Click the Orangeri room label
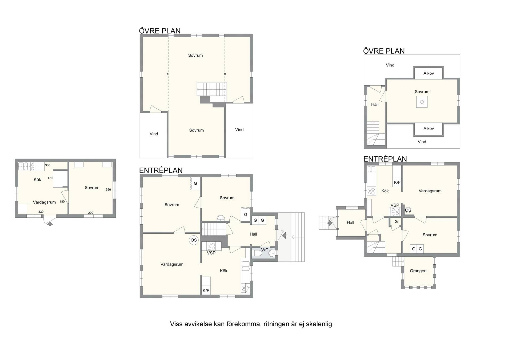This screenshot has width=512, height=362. tap(418, 271)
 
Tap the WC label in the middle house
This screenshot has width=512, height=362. tap(265, 250)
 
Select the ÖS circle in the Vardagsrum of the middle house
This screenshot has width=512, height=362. tap(194, 240)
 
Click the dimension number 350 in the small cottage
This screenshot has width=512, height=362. tap(108, 190)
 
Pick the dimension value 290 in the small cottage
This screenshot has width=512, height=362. tap(91, 213)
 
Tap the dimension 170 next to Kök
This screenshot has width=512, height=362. tap(50, 178)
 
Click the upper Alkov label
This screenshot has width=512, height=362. tap(429, 73)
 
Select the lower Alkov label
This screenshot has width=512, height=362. tap(429, 129)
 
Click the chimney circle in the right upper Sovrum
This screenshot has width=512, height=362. tap(422, 102)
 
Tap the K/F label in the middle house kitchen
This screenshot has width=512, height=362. tap(206, 291)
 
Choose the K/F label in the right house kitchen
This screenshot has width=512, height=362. tap(397, 183)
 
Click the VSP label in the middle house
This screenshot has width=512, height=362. tap(211, 253)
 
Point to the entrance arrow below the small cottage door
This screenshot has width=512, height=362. tap(50, 224)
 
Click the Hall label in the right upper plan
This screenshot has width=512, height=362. tap(375, 105)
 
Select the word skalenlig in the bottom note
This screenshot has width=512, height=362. tap(320, 324)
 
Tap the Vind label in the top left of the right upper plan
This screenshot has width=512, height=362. tap(390, 65)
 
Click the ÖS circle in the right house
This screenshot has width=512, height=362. tap(408, 210)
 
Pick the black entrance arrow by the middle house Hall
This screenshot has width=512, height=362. tap(284, 235)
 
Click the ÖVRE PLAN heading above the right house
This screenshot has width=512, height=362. tap(384, 51)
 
